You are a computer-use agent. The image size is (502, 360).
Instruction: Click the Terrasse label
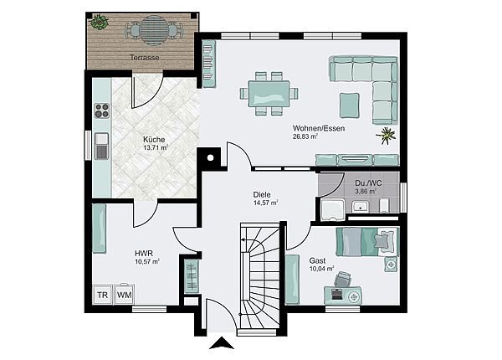[x=145, y=58]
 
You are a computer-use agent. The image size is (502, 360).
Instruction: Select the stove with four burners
[x=102, y=111]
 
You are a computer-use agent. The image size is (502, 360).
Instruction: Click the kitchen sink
[x=102, y=147]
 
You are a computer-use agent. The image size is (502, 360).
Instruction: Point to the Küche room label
[x=154, y=140]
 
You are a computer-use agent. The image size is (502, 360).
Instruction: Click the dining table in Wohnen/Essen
[x=269, y=93]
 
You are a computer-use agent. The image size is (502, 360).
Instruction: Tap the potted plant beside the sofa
[x=387, y=136]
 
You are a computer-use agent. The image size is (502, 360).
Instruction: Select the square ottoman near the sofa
[x=349, y=105]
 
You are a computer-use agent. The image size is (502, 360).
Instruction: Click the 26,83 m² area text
[x=305, y=136]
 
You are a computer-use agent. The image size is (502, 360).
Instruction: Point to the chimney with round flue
[x=210, y=157]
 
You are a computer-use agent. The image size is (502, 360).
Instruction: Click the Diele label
[x=262, y=195]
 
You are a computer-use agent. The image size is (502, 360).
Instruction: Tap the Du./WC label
[x=368, y=183]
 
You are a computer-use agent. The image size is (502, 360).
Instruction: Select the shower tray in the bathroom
[x=333, y=210]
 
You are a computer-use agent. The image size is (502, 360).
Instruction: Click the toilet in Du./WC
[x=384, y=205]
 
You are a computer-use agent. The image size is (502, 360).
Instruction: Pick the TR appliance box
[x=102, y=295]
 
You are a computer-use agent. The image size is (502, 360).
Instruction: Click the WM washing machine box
[x=124, y=295]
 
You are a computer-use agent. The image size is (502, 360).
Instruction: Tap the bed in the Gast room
[x=367, y=242]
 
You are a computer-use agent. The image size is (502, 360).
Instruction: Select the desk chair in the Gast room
[x=342, y=279]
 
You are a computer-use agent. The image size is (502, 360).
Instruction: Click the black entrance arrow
[x=221, y=343]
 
